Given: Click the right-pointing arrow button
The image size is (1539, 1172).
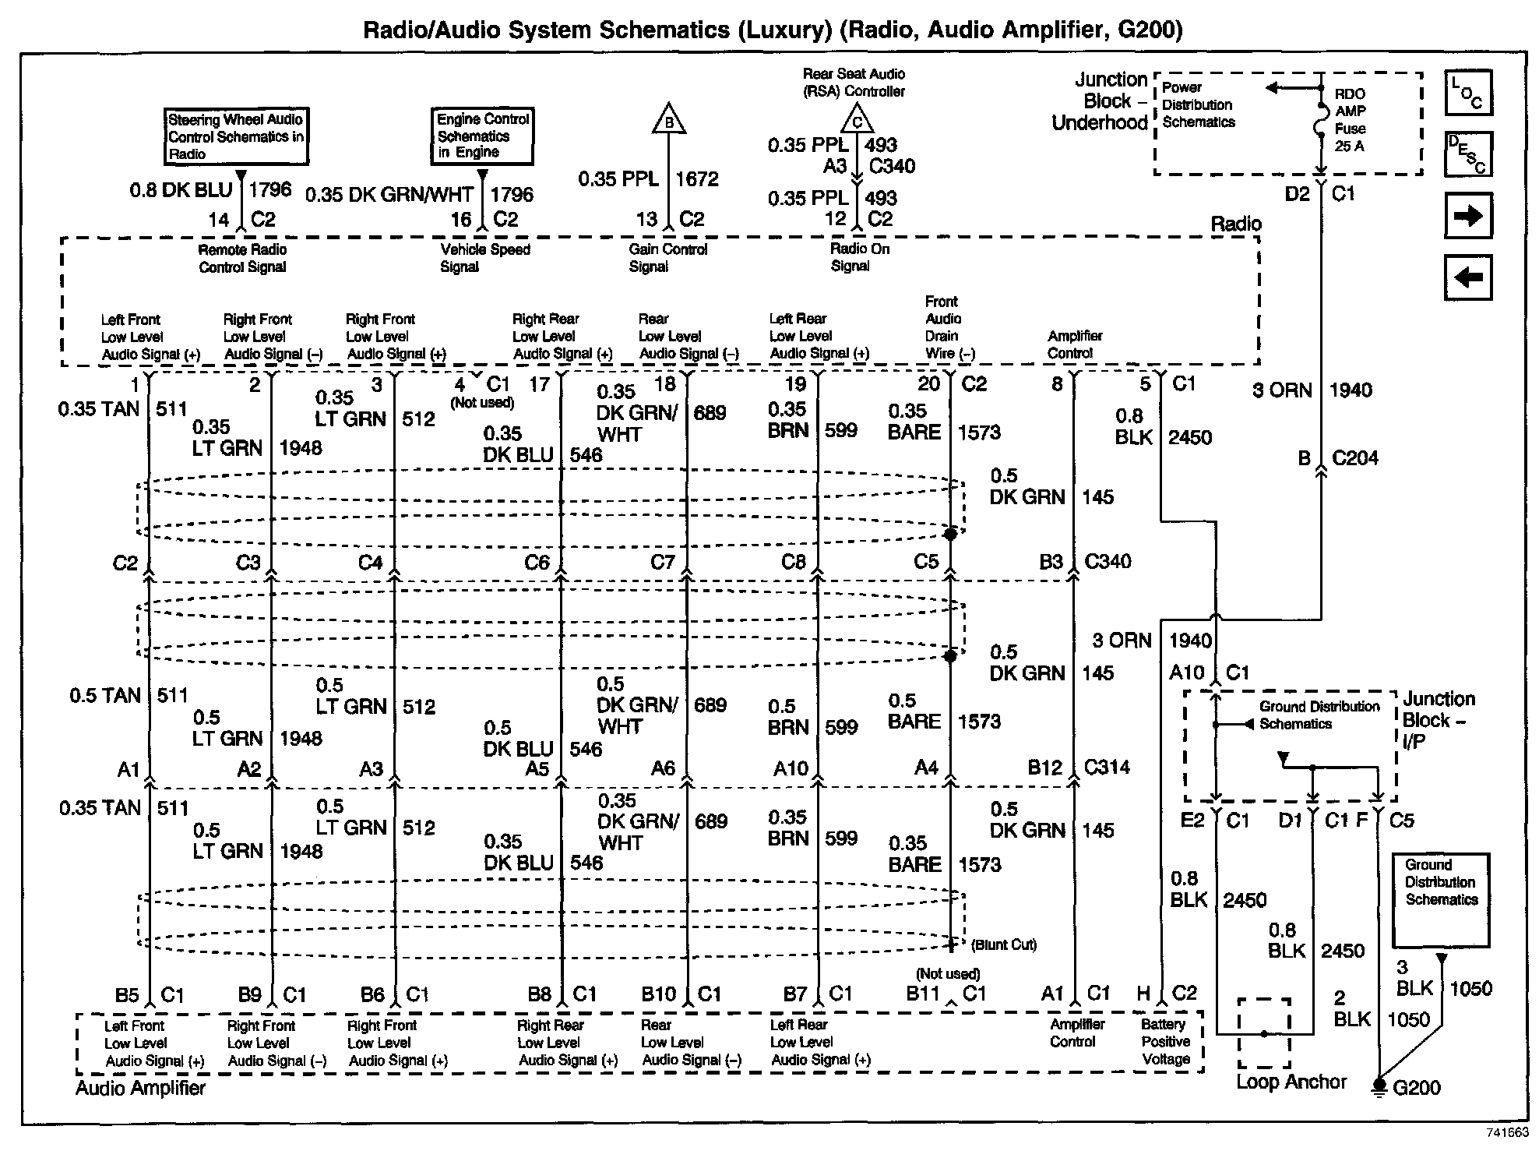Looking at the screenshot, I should tap(1468, 217).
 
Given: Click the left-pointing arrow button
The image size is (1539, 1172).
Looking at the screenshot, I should tap(1468, 277).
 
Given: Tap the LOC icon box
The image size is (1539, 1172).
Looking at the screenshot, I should tap(1468, 94).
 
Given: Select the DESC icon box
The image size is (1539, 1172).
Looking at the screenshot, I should tap(1468, 154).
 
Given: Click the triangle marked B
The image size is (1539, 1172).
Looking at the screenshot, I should tap(668, 120).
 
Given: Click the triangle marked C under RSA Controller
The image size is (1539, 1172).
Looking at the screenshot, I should tap(857, 120).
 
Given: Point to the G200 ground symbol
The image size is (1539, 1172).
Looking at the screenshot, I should tap(1379, 1086).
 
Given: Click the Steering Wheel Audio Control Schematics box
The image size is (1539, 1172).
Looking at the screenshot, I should tap(237, 136).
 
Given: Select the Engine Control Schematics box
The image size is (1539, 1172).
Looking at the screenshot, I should tap(483, 136).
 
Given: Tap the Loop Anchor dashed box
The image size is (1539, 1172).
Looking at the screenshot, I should tap(1264, 1033).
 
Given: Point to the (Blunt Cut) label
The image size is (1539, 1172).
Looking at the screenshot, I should tap(1004, 945).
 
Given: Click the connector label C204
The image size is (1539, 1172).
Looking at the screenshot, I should tap(1354, 458).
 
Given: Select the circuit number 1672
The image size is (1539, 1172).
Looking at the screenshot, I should tap(696, 179).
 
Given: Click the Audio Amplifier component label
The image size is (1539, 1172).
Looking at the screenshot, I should tap(140, 1088).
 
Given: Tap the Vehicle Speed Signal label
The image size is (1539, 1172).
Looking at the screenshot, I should tap(484, 258).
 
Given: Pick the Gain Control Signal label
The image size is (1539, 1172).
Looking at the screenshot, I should tap(667, 258).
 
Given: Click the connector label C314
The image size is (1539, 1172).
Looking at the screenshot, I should tap(1107, 768).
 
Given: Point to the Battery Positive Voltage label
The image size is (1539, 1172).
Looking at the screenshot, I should tap(1165, 1042).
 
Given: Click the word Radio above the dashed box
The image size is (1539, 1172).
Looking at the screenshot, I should tap(1235, 224).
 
